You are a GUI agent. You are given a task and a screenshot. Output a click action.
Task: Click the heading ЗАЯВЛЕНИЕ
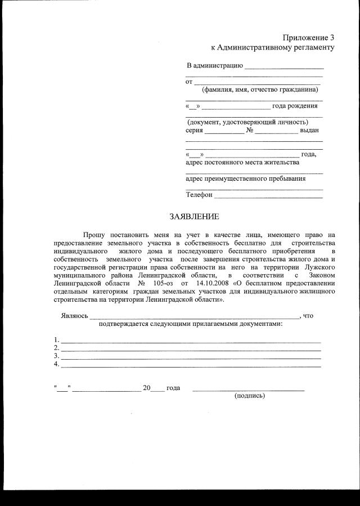point(195,216)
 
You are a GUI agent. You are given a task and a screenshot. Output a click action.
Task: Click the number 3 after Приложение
point(332,37)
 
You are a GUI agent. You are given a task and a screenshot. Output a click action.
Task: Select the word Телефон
point(199,195)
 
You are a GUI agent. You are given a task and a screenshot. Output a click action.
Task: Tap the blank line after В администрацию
point(284,68)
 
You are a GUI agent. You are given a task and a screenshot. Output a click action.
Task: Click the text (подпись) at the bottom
point(249,396)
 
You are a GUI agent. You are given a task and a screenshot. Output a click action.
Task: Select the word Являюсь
point(74,316)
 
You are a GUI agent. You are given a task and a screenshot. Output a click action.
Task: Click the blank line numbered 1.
point(191,341)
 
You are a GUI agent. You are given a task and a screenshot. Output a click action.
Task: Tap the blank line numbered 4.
point(191,366)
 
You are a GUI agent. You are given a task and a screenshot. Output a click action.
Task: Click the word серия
point(194,130)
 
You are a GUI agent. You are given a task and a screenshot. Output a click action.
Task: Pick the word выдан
point(309,130)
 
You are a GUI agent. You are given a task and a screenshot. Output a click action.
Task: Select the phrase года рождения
point(295,106)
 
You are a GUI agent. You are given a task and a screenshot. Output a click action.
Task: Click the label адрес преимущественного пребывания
point(246,179)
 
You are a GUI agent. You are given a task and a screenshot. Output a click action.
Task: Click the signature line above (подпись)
point(249,389)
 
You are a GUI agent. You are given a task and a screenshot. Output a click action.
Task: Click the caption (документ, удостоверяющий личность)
point(247,122)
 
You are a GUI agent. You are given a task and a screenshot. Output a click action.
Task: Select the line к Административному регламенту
point(272,47)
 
